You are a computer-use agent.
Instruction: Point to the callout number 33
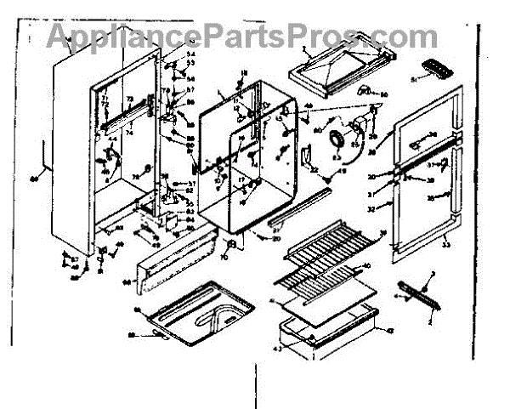(445, 243)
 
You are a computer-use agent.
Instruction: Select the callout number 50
(383, 94)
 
